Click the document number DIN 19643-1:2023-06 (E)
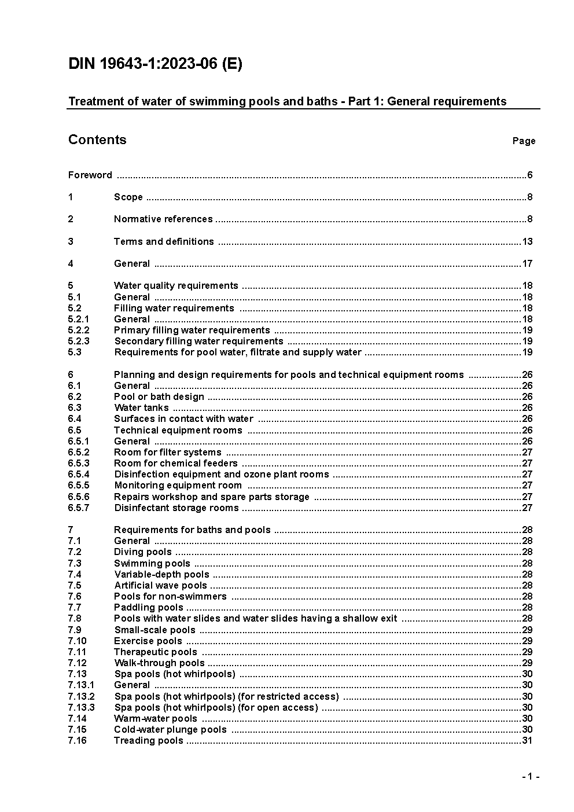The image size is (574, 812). [x=155, y=64]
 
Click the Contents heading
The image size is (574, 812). [x=97, y=139]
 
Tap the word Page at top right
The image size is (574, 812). [x=524, y=141]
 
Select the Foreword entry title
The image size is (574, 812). [x=90, y=175]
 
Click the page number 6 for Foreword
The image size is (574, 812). [x=529, y=175]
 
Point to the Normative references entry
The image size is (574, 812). [x=163, y=219]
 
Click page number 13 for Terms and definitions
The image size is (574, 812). [x=527, y=241]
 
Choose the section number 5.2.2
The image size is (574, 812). [x=78, y=330]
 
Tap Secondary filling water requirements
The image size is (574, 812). [x=198, y=341]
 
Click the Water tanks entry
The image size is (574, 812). [x=141, y=407]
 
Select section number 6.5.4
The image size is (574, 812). [x=79, y=474]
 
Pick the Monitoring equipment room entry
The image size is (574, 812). [x=178, y=485]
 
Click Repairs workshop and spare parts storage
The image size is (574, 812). [x=211, y=497]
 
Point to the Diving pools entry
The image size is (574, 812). [x=142, y=552]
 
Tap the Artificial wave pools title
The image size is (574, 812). [x=160, y=585]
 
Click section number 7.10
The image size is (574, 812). [x=77, y=641]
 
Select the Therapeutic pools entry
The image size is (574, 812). [x=155, y=652]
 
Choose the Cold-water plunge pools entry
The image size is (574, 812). [x=170, y=729]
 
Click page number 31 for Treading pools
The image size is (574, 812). [x=527, y=740]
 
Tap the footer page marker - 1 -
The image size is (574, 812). [x=530, y=777]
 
